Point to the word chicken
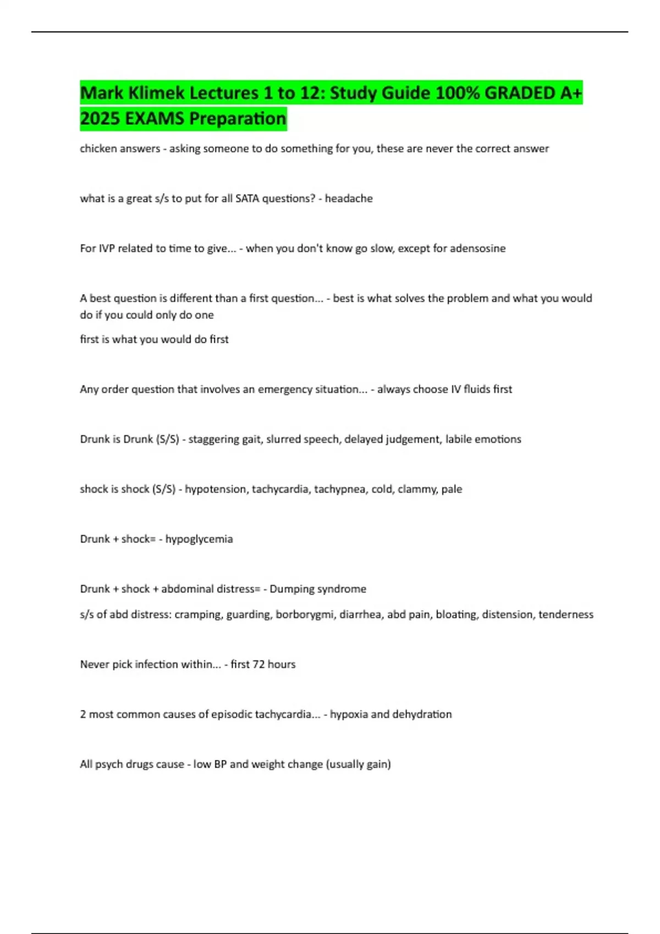pyautogui.click(x=99, y=149)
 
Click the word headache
pyautogui.click(x=349, y=199)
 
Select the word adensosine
pyautogui.click(x=477, y=248)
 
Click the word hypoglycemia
pyautogui.click(x=199, y=540)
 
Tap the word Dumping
pyautogui.click(x=290, y=589)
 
